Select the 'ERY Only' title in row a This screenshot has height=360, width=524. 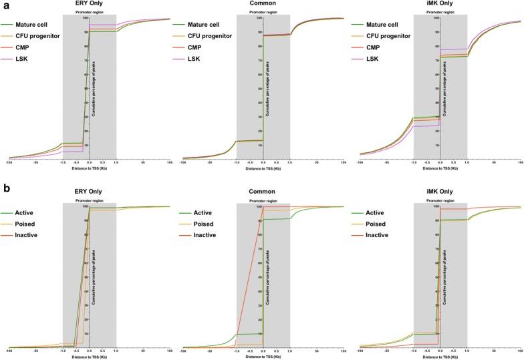[90, 5]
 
